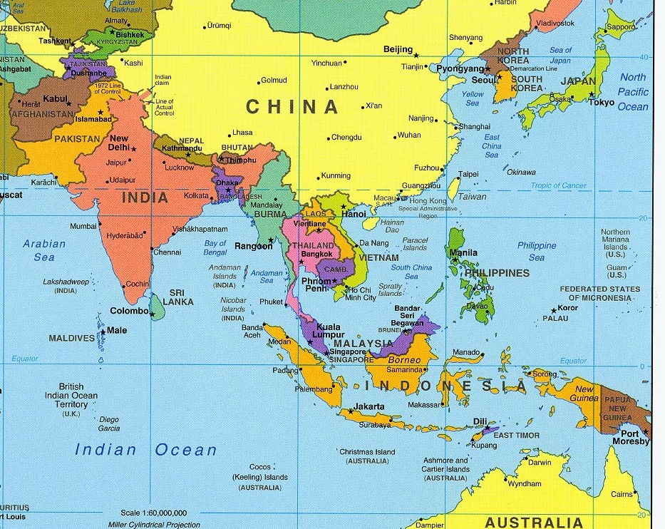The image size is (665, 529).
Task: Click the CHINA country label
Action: pos(292,107)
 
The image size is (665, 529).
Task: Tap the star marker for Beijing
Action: pos(417,55)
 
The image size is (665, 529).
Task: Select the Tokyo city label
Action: pos(601,102)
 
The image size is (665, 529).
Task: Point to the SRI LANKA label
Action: pos(178,297)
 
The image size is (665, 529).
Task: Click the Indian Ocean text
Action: pos(145,450)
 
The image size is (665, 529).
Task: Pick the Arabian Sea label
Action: pos(44,250)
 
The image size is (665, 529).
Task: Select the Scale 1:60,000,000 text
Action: pos(153,513)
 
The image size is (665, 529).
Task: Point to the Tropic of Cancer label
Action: pos(558,186)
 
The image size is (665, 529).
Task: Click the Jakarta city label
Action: pos(369,406)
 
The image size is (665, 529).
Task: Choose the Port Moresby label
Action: pos(634,437)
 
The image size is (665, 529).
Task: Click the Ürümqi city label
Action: pos(219,26)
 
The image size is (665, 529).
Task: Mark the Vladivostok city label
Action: pos(555,24)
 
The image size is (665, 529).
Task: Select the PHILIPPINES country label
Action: pos(497,273)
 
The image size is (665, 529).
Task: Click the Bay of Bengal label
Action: pos(215,247)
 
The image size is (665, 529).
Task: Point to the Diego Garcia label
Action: pos(109,423)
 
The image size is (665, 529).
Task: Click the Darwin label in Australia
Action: pos(540,462)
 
